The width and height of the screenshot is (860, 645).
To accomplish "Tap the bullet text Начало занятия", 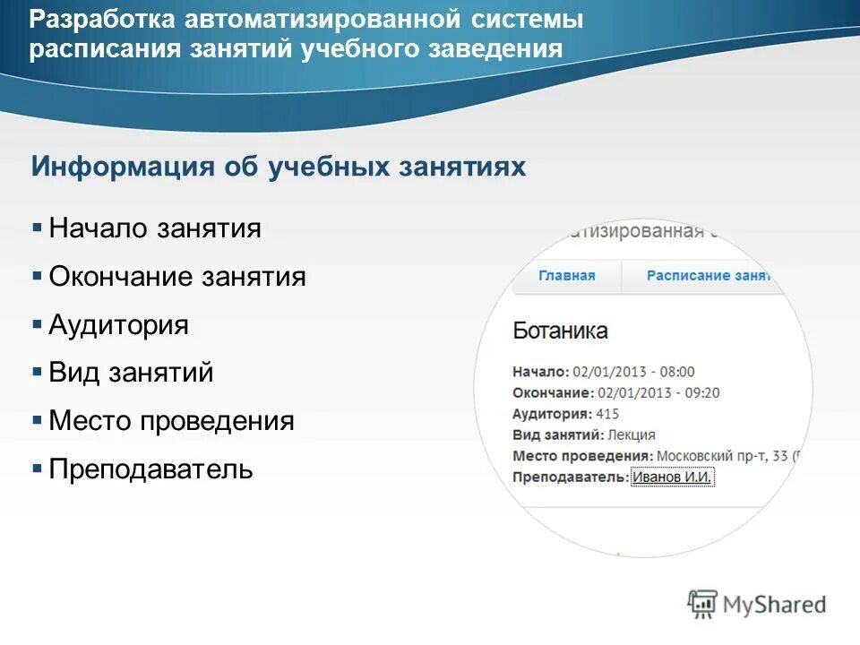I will (x=155, y=228).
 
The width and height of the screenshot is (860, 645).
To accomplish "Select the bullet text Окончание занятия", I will (x=177, y=277).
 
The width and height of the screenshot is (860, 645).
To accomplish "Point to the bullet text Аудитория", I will (x=118, y=324).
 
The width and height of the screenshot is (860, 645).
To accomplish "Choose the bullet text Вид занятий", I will (x=131, y=373).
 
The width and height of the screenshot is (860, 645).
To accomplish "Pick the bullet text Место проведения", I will (x=171, y=421).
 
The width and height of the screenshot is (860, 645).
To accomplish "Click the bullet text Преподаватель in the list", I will (x=150, y=469).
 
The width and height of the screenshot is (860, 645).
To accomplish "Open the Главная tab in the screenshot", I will (x=566, y=276).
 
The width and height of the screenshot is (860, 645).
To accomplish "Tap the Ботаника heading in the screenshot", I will (x=560, y=331).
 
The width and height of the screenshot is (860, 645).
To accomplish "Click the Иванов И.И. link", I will (x=672, y=477).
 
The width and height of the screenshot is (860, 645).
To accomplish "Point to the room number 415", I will (x=607, y=414).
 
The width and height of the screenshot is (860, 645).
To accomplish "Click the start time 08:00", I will (x=677, y=372).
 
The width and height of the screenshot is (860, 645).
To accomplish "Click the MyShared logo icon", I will (x=703, y=605).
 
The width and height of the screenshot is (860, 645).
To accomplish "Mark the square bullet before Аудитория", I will (x=37, y=324).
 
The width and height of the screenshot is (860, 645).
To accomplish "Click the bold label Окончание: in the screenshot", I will (x=553, y=393).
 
